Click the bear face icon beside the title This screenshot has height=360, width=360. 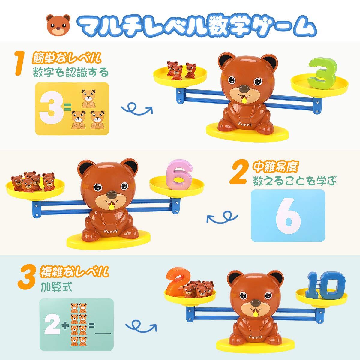(x=58, y=25)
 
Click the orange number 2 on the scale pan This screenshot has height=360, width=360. (x=176, y=284)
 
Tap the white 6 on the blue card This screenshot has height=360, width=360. (x=288, y=216)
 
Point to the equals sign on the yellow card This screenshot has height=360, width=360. (x=67, y=107)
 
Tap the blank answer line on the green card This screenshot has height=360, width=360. (x=103, y=334)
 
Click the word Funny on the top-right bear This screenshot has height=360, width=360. (x=245, y=124)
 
